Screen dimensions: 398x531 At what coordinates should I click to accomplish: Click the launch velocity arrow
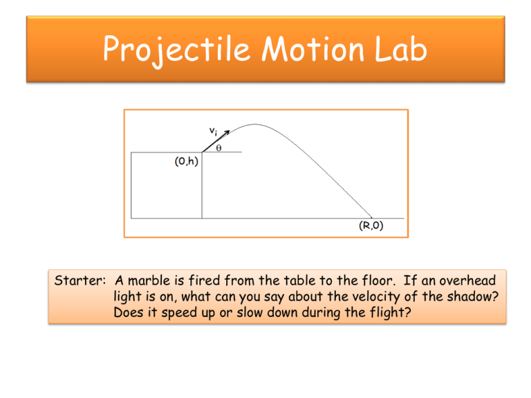pyautogui.click(x=216, y=143)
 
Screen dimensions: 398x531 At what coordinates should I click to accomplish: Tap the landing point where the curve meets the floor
pyautogui.click(x=372, y=218)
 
